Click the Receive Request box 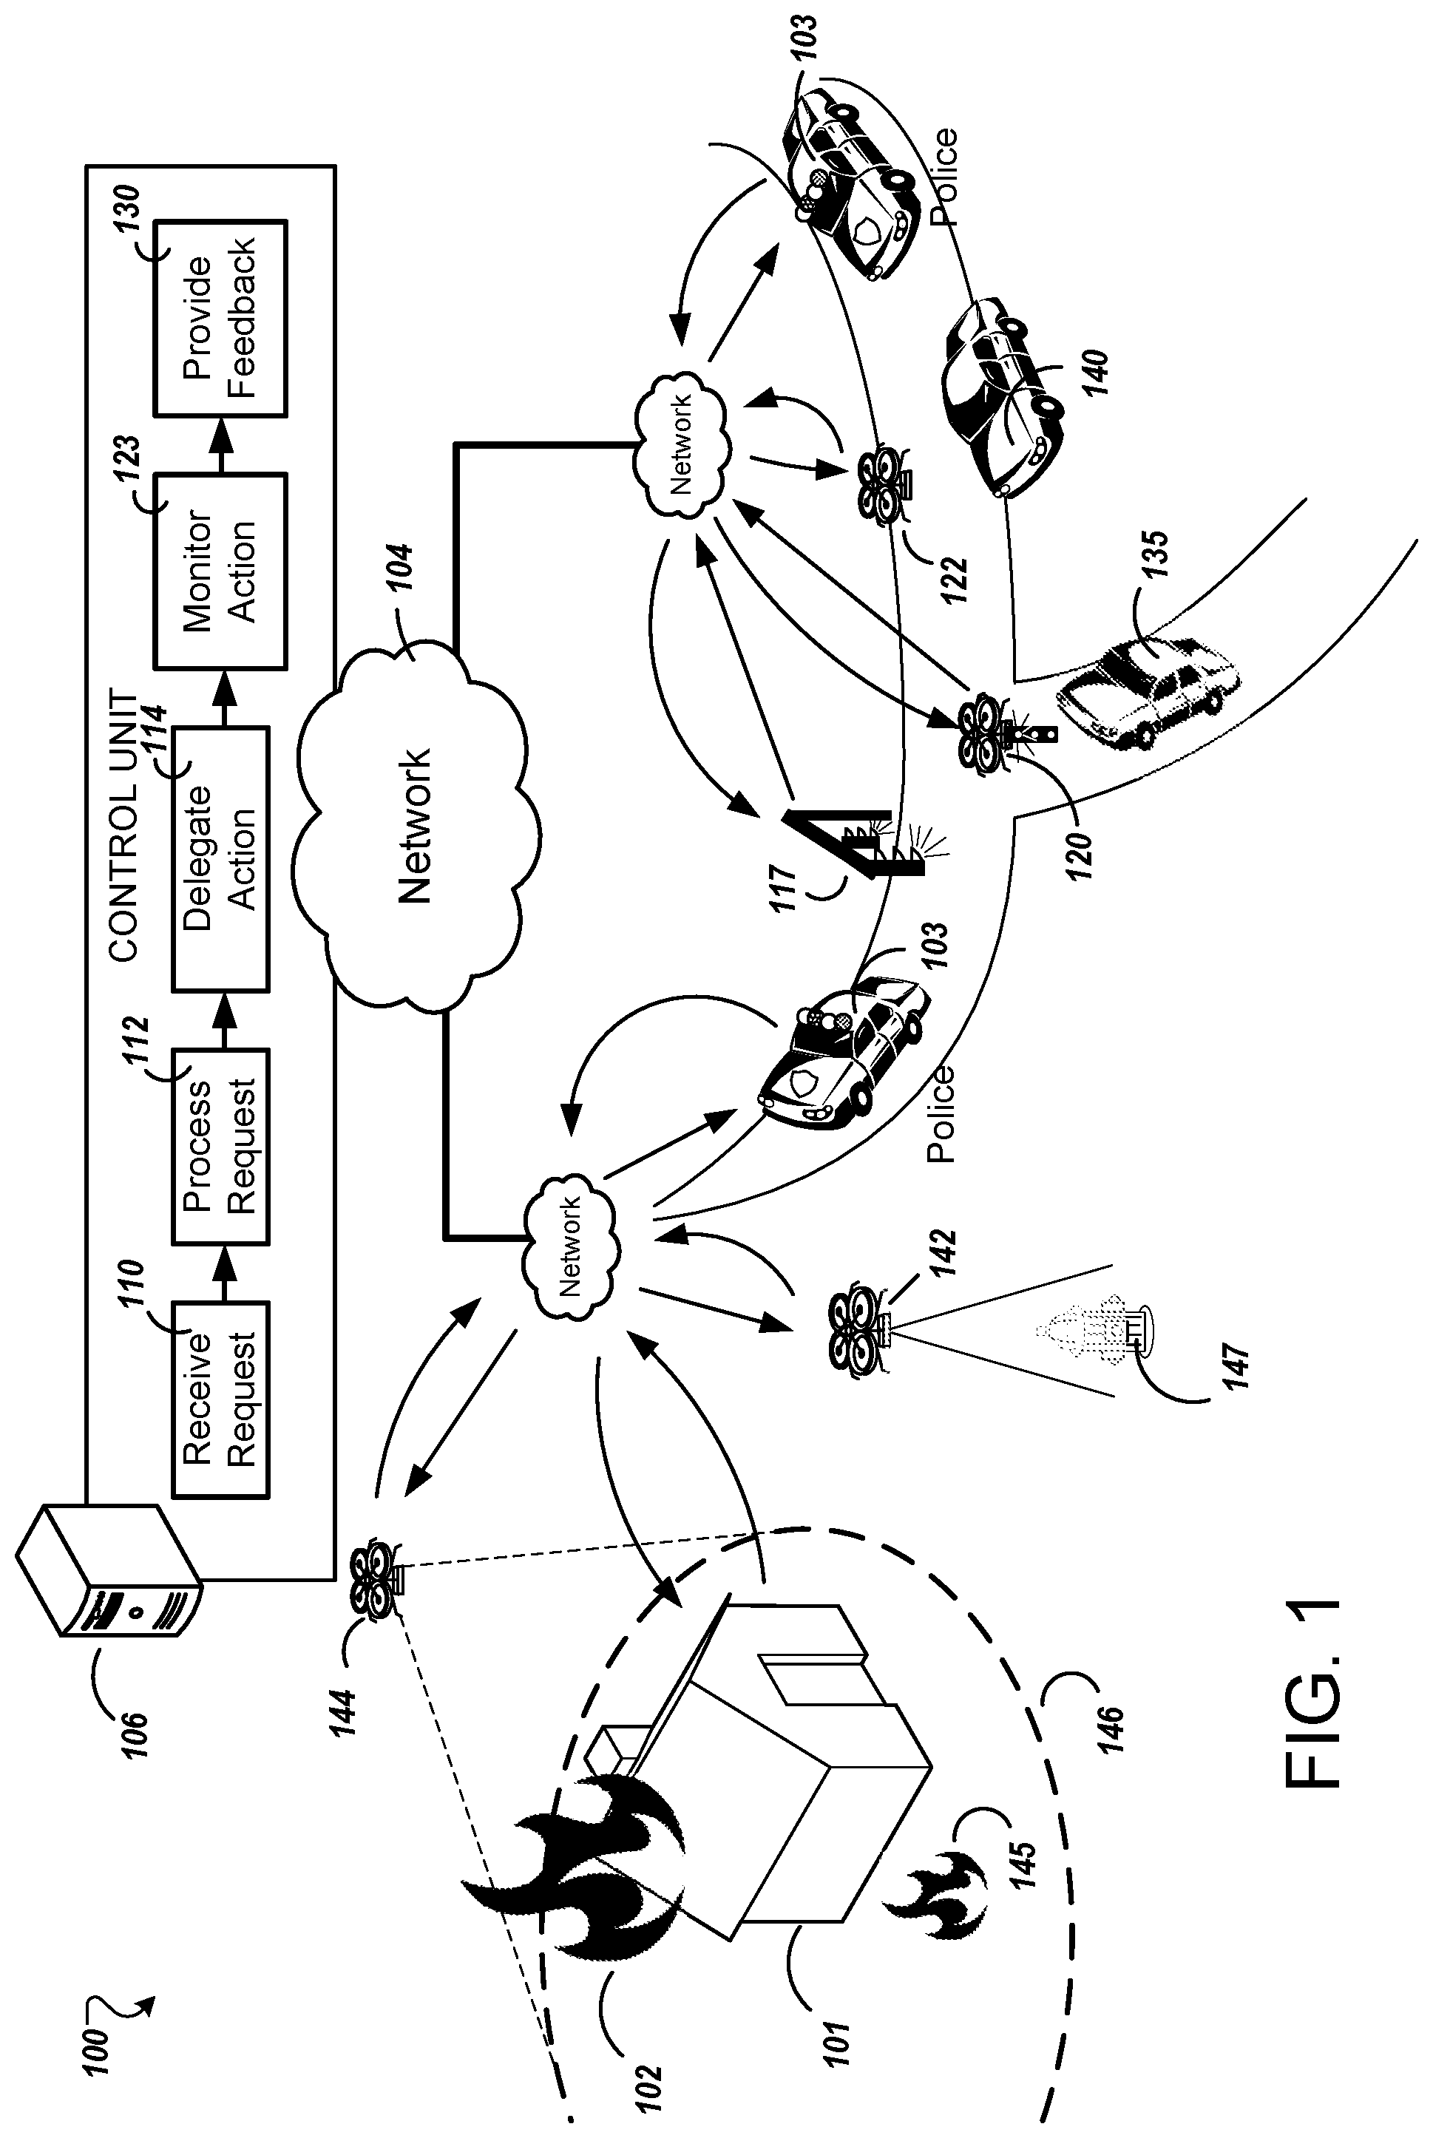click(x=220, y=1399)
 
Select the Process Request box click(x=220, y=1147)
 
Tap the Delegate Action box click(x=220, y=859)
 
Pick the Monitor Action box click(x=220, y=571)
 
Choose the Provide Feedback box click(x=220, y=318)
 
